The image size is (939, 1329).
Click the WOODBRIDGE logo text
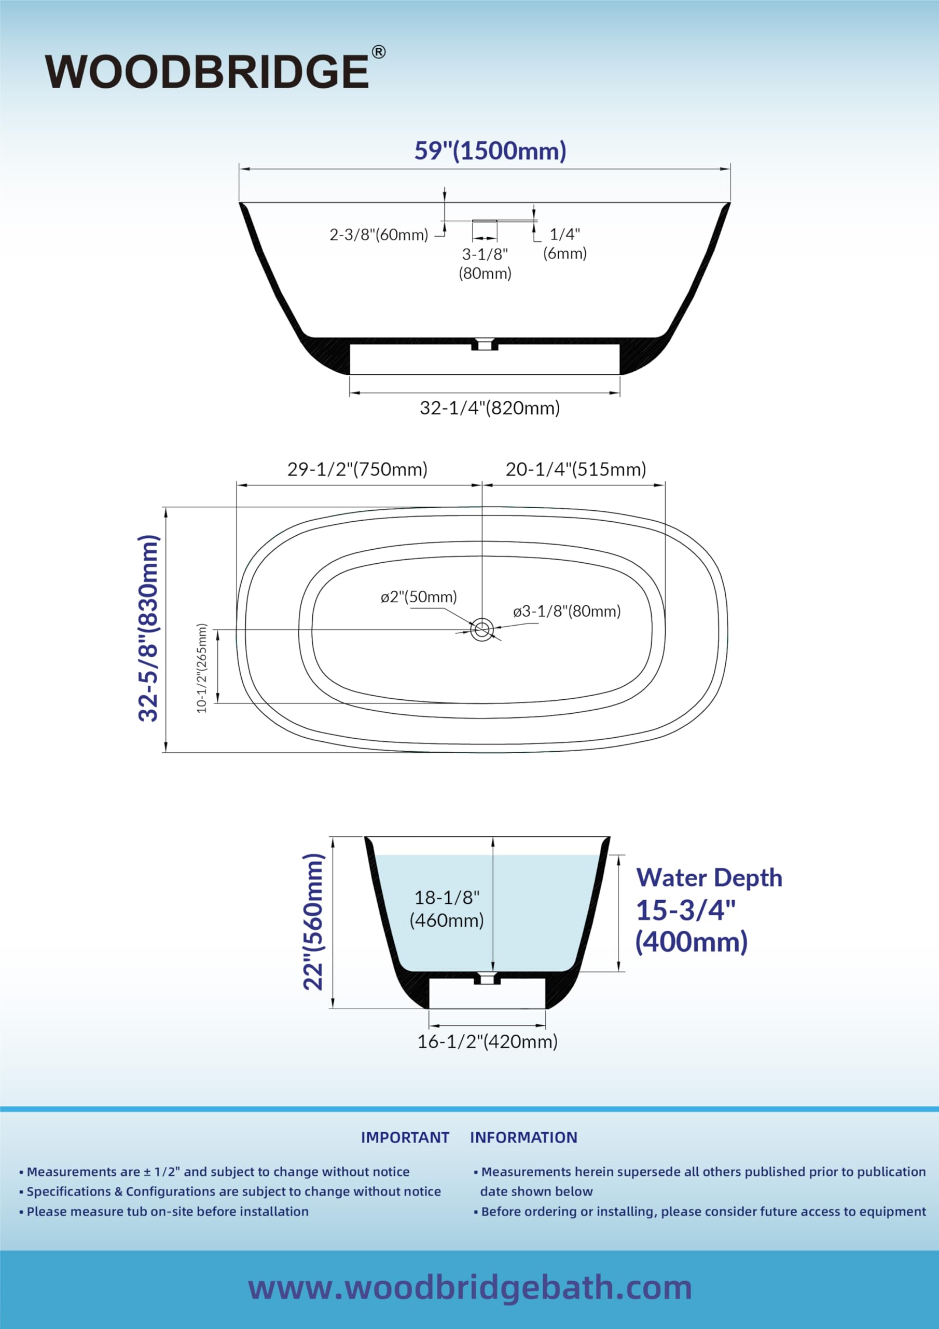click(207, 71)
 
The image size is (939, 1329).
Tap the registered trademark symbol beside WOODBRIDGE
click(378, 52)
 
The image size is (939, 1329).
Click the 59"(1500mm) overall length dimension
click(490, 151)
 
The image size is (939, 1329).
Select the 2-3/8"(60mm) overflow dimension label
click(379, 235)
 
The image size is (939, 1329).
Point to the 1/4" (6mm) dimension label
click(564, 243)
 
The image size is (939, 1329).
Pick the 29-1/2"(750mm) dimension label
click(357, 469)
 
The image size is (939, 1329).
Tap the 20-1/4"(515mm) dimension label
click(576, 469)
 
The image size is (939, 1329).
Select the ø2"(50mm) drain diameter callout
click(419, 597)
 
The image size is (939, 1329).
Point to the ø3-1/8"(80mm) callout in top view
click(567, 611)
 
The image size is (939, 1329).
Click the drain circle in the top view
click(481, 629)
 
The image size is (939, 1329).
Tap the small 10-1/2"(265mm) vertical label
click(201, 668)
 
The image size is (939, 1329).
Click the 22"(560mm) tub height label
click(313, 921)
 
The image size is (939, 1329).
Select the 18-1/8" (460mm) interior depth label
click(447, 909)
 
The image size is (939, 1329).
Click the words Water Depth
click(709, 877)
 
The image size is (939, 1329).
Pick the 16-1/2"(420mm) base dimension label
click(488, 1041)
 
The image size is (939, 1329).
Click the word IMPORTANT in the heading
click(405, 1137)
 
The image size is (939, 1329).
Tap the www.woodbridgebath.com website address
click(470, 1289)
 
